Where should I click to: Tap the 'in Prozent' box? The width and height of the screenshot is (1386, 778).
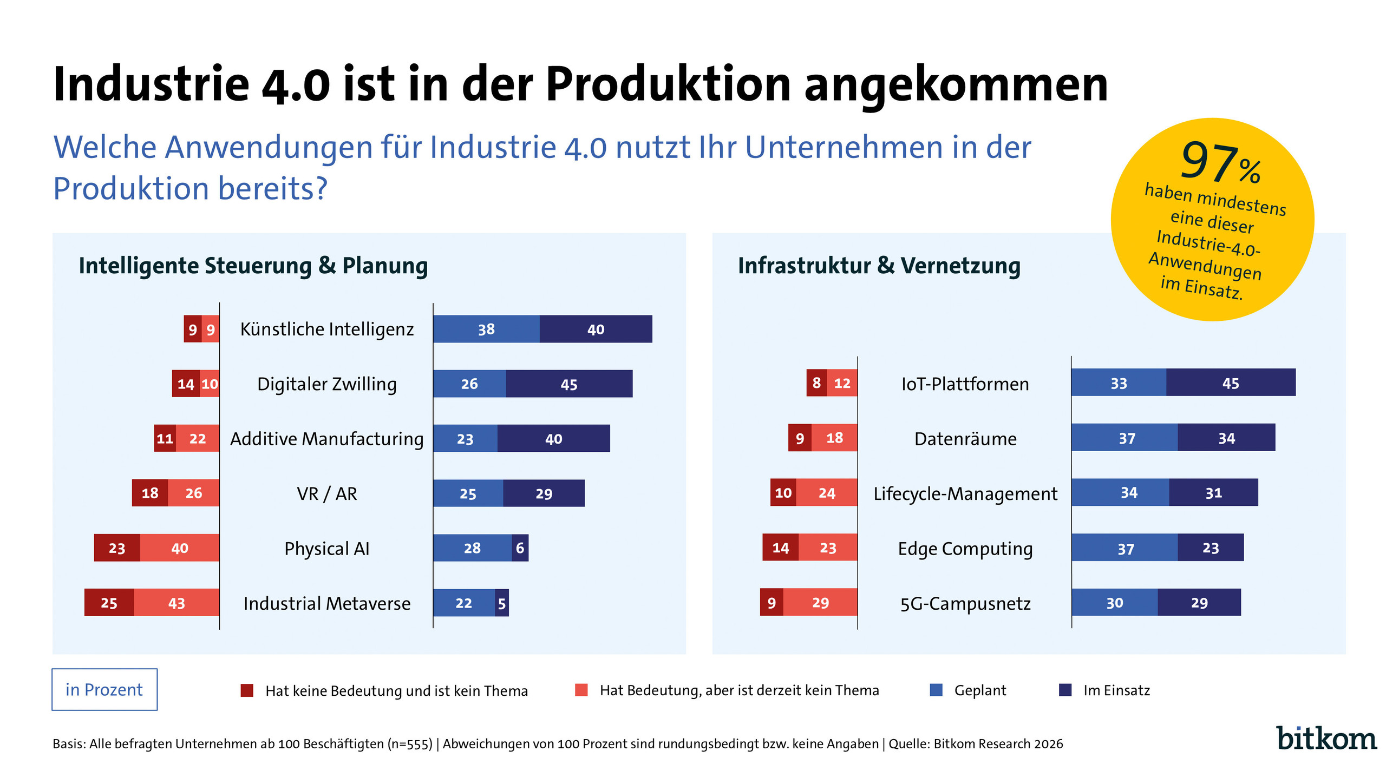coord(104,689)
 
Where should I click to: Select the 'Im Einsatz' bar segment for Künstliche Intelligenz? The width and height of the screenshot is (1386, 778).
coord(596,329)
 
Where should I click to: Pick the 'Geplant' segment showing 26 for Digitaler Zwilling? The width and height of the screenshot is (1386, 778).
coord(469,384)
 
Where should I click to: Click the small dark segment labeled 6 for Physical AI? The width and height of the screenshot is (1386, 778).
coord(520,548)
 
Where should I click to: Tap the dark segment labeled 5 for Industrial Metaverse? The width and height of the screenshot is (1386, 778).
coord(502,603)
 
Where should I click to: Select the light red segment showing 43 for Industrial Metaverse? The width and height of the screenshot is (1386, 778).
coord(176,603)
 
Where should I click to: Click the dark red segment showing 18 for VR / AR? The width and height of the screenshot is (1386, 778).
coord(150,493)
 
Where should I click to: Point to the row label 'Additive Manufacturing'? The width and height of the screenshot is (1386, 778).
coord(326,438)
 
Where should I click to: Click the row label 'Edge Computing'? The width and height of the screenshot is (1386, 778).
coord(965,548)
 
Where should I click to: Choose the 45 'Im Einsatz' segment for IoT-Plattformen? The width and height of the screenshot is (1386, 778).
coord(1230,383)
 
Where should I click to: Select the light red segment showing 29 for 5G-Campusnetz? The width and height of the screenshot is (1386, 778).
coord(820,602)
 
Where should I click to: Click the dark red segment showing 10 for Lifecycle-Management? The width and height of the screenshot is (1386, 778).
coord(783,493)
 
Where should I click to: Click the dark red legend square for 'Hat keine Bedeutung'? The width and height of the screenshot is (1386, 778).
coord(247,690)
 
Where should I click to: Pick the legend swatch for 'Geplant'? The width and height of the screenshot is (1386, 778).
coord(936,690)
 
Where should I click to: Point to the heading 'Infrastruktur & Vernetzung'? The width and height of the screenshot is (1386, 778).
coord(879,266)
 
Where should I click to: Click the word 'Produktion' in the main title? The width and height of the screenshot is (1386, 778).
coord(668,84)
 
